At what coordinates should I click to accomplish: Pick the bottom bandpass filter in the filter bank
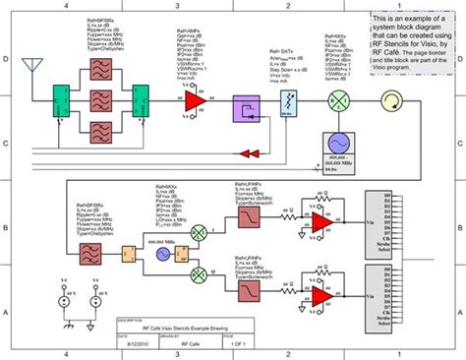point(100,129)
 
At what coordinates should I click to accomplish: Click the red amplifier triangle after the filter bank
point(196,101)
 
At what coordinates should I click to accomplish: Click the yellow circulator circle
point(390,101)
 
